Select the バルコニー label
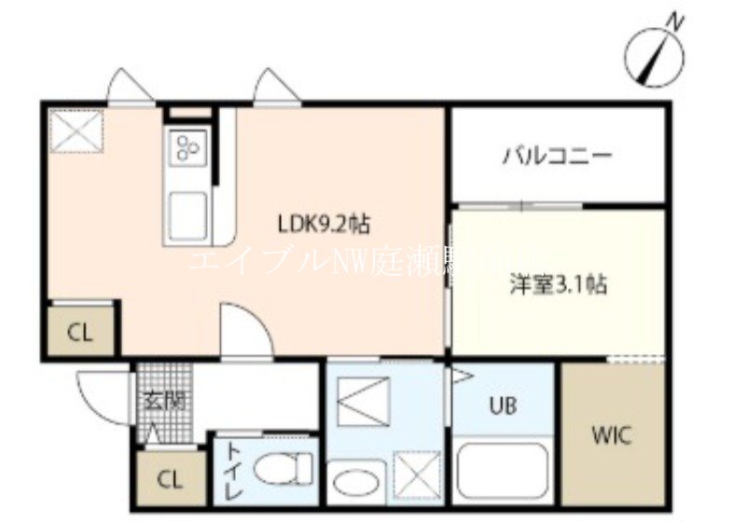(558, 155)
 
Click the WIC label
(612, 434)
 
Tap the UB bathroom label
(504, 406)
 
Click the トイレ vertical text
(232, 472)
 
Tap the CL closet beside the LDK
(81, 333)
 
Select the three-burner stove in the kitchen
(189, 148)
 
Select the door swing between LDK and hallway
(244, 331)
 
